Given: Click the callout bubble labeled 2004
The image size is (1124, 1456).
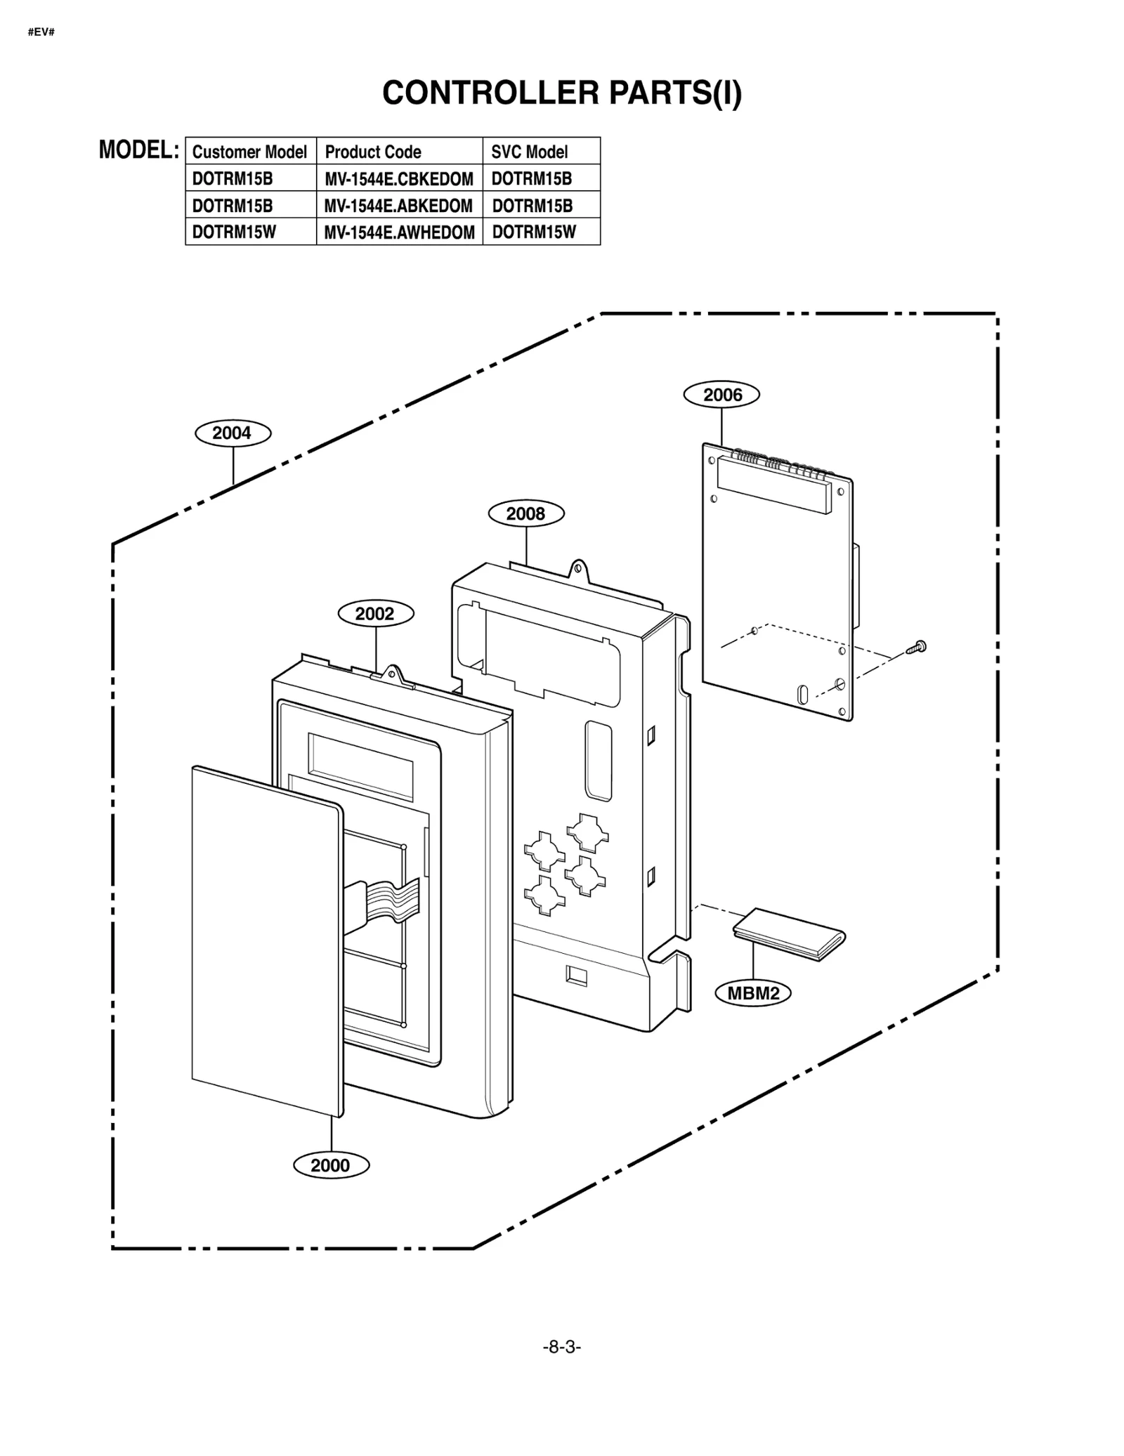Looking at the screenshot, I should (233, 433).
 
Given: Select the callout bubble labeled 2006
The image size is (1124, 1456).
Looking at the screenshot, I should (721, 395).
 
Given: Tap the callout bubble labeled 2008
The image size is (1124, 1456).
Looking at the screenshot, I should (526, 513).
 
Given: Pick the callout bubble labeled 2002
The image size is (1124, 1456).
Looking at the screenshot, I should (376, 613).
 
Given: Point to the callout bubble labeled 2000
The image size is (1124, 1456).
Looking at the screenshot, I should (331, 1165).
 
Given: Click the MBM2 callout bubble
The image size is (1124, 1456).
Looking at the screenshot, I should (753, 993).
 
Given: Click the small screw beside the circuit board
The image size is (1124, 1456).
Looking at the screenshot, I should (917, 647).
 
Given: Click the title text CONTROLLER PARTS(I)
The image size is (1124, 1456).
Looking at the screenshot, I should (561, 93).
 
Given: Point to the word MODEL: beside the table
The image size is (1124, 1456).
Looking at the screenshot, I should (138, 150).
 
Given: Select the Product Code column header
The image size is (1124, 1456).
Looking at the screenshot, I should (373, 152).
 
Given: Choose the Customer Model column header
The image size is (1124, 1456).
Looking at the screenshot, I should (249, 152).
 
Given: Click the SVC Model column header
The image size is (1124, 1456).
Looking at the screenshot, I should (529, 152).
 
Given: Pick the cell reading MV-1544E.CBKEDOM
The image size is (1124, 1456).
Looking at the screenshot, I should (398, 179).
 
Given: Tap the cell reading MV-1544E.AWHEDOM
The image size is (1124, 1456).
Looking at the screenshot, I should (399, 232).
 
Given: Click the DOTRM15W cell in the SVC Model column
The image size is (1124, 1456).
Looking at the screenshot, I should (534, 232).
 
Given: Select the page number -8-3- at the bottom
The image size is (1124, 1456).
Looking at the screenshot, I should (561, 1346).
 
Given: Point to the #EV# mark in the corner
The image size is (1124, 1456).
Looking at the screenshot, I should (41, 32).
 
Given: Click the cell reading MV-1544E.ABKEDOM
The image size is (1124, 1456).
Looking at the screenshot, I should (398, 206).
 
